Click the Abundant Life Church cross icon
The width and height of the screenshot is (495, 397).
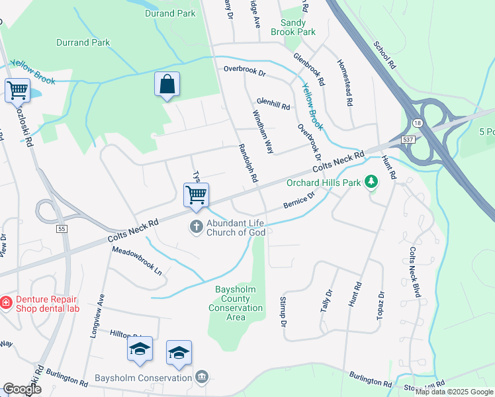(196, 227)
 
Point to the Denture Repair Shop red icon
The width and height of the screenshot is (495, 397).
(5, 302)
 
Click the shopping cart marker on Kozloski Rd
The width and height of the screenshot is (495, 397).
(17, 91)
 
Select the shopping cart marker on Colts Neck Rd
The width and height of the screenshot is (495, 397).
(196, 195)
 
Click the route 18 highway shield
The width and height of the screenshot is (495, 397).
(416, 124)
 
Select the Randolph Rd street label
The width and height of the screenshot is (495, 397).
(247, 165)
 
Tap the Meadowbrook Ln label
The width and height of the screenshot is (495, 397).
(137, 261)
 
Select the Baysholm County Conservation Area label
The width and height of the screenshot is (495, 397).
(236, 303)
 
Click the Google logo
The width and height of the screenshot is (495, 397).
(22, 389)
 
